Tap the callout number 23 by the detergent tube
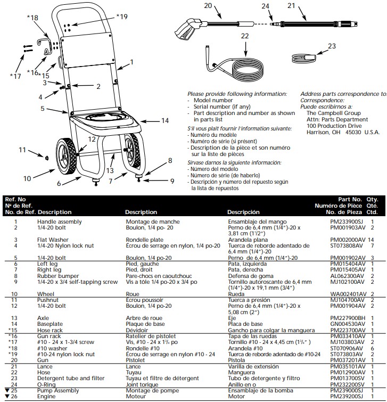point(331,46)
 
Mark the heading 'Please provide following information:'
point(237,93)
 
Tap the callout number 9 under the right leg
point(172,181)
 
